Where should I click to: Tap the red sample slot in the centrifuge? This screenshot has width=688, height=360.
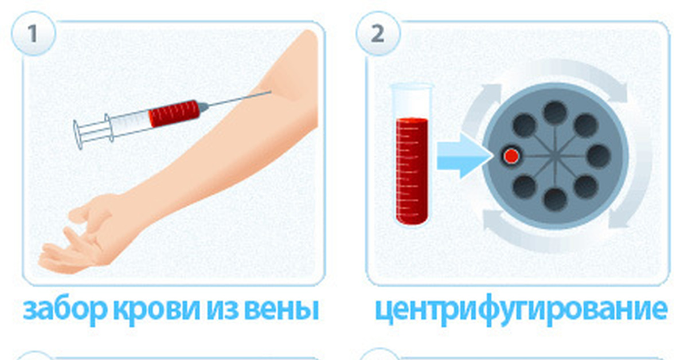(x=511, y=156)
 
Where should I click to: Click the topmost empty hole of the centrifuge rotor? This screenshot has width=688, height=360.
(x=555, y=112)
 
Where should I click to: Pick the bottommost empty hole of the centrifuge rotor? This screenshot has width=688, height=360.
(x=555, y=198)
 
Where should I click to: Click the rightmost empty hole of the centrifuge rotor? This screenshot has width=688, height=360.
(x=599, y=155)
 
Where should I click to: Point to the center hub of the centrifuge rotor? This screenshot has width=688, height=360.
(x=555, y=155)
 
